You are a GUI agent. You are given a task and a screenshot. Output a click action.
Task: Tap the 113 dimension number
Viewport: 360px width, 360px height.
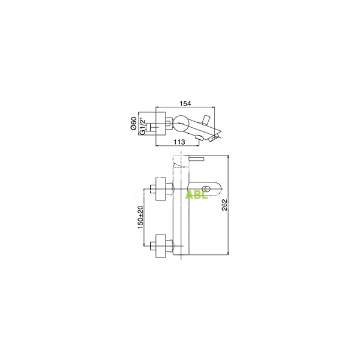(178, 142)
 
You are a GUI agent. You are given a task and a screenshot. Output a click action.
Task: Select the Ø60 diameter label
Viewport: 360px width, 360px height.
(134, 124)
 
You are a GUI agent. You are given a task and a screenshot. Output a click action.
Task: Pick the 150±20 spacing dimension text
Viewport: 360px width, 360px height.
(140, 217)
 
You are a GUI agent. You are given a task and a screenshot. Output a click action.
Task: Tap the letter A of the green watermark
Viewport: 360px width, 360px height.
(190, 195)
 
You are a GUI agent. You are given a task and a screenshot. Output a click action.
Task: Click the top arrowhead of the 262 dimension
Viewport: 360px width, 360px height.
(231, 154)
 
